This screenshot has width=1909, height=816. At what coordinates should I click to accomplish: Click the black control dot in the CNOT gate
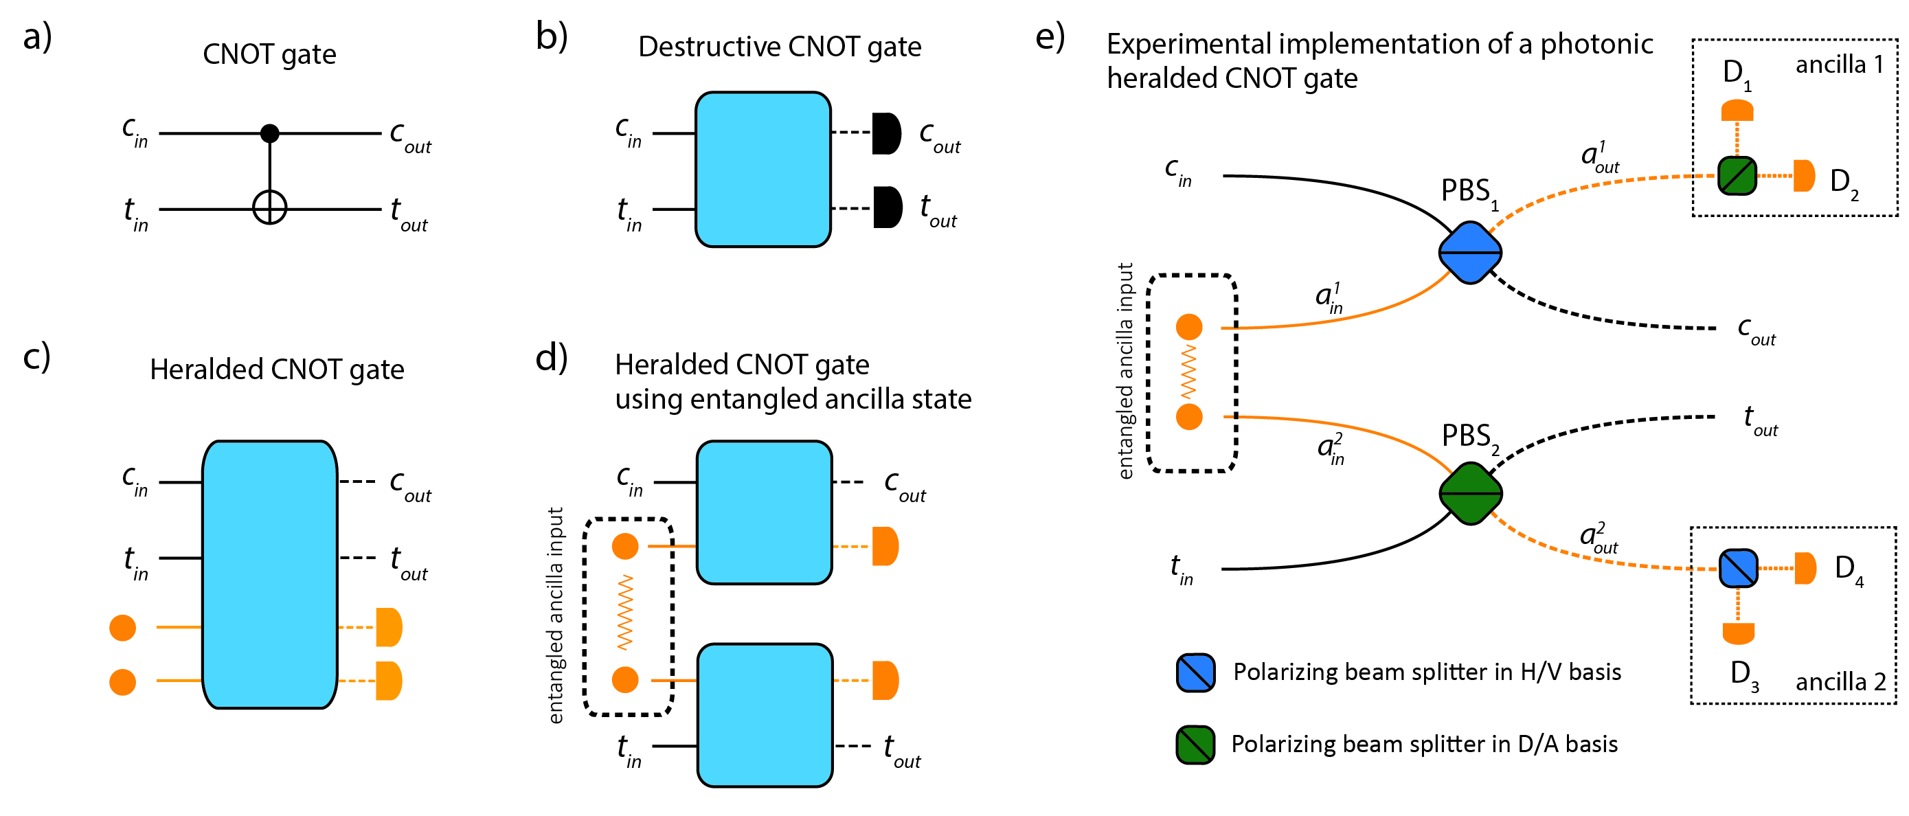(270, 133)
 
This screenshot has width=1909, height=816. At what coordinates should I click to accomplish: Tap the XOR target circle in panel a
(270, 207)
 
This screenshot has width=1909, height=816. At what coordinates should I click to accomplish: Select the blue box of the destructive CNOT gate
(763, 170)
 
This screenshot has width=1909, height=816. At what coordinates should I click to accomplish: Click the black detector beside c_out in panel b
(886, 133)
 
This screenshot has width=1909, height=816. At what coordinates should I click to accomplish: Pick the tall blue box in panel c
(270, 575)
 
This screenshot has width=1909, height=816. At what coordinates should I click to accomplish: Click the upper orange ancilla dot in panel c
(123, 628)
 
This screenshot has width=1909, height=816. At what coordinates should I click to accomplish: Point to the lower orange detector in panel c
(389, 681)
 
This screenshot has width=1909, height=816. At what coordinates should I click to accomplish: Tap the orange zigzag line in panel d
(626, 613)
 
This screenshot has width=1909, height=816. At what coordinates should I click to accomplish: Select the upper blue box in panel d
(764, 513)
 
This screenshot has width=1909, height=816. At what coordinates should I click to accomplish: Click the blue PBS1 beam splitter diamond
(1470, 253)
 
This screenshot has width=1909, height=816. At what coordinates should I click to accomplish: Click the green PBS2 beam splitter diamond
(1470, 494)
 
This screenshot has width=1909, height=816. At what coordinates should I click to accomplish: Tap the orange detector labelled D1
(1737, 111)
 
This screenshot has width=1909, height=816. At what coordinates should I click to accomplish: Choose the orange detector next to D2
(1804, 177)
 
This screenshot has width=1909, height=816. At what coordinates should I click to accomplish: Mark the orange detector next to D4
(1805, 569)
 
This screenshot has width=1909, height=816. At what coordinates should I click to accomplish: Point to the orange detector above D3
(1739, 634)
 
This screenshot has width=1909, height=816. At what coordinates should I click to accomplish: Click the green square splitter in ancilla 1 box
(1737, 177)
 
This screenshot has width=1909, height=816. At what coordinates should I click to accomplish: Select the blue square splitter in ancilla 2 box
(1739, 569)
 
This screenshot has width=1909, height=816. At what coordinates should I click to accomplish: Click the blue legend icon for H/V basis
(1195, 673)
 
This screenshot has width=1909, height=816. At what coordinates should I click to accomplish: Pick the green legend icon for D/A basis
(1195, 745)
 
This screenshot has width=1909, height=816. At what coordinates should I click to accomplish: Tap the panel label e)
(1050, 37)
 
